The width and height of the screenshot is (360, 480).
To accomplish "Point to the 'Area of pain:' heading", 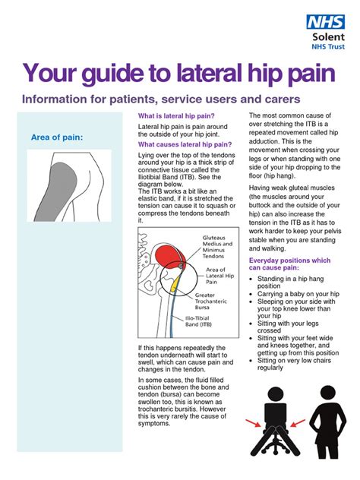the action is click(x=57, y=137).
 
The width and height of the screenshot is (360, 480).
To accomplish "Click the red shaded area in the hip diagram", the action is click(x=169, y=254).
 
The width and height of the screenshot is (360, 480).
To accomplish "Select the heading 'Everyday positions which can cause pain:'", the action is click(x=292, y=265).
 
